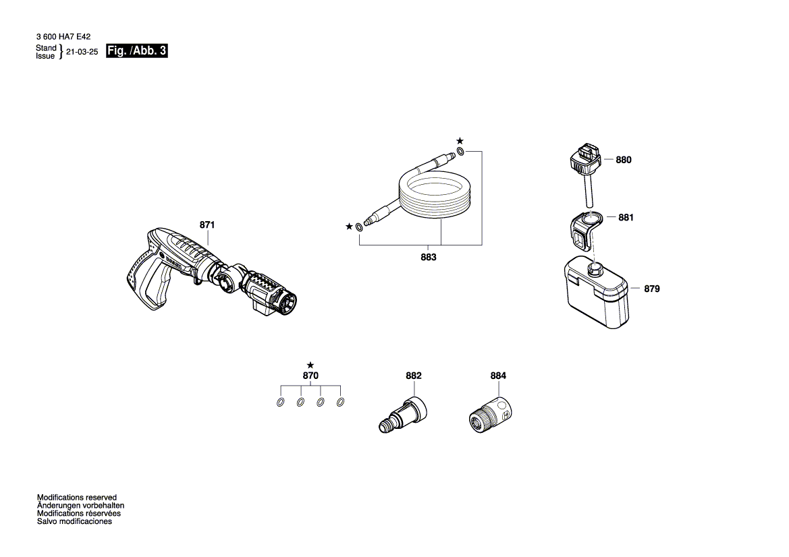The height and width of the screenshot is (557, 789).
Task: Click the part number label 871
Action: click(207, 225)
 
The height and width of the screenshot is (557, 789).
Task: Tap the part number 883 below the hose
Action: click(428, 257)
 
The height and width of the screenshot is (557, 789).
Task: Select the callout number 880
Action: click(624, 160)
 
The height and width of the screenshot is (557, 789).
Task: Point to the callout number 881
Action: click(626, 218)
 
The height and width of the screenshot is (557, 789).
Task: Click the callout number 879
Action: click(651, 289)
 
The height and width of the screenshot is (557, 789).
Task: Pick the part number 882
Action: click(413, 376)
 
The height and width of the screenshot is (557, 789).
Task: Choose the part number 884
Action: click(497, 376)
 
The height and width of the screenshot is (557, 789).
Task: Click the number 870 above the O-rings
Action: click(310, 376)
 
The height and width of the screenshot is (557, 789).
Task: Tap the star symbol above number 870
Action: click(310, 364)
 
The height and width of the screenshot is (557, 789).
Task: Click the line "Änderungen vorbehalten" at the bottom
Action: click(80, 505)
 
